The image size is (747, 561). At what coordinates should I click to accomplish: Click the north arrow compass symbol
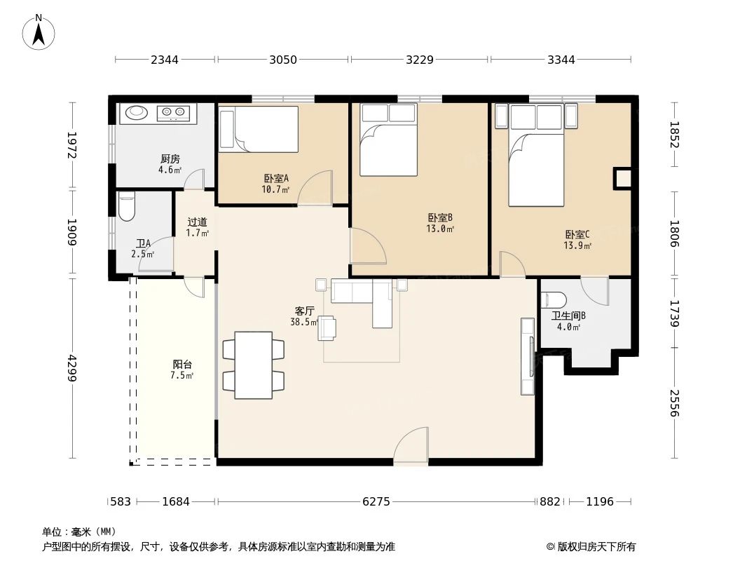click(39, 32)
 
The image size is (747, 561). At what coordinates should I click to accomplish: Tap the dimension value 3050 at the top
click(283, 60)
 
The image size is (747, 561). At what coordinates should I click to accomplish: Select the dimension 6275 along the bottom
click(376, 501)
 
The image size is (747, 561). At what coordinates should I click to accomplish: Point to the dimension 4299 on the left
click(72, 367)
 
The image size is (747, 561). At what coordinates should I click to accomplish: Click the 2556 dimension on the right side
click(674, 403)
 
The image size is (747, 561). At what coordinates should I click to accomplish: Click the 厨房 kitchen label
click(170, 158)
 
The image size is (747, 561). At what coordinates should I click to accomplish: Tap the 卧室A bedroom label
click(276, 178)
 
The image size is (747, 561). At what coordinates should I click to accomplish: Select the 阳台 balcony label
click(182, 365)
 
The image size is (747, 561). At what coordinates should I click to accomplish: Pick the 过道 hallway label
click(197, 222)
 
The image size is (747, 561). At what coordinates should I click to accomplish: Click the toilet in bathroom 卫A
click(127, 206)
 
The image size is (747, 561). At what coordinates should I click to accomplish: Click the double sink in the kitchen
click(173, 112)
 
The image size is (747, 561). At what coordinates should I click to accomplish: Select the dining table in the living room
click(254, 365)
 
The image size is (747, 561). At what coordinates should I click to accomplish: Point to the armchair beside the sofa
click(327, 328)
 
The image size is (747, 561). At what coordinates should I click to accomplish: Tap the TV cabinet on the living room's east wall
click(528, 356)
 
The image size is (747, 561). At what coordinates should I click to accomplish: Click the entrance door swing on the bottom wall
click(411, 445)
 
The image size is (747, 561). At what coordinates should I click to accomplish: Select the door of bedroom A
click(315, 188)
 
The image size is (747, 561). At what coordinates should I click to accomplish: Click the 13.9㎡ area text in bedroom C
click(577, 246)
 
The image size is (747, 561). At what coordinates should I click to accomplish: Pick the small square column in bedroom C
click(622, 179)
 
